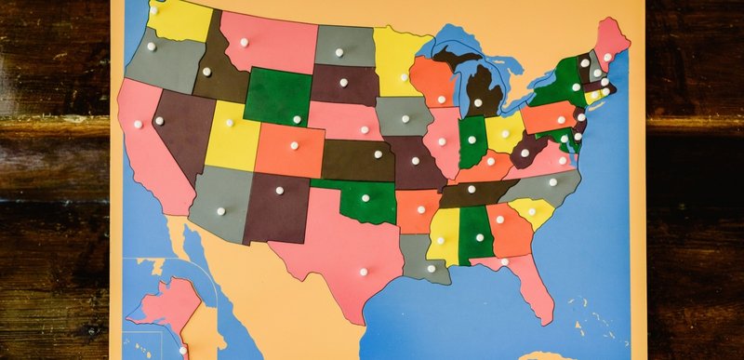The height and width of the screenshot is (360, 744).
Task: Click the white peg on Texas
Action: click(364, 272)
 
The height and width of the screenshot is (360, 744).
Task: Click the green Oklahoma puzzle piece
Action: click(358, 201)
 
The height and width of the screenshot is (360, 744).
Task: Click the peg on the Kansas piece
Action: click(378, 154)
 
